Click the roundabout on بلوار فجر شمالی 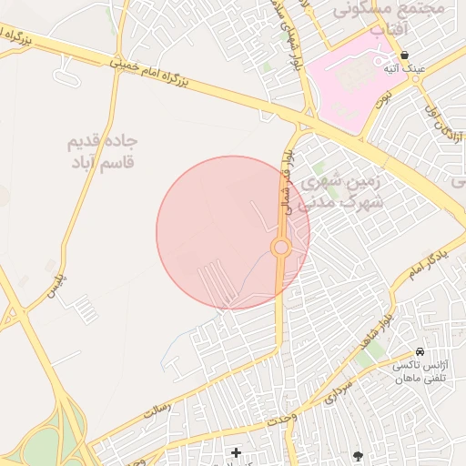pos(280,248)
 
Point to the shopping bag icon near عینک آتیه pos(404,55)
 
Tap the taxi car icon pos(419,351)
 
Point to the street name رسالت pos(157,412)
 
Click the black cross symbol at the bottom pos(236,452)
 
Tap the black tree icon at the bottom pos(358,454)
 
